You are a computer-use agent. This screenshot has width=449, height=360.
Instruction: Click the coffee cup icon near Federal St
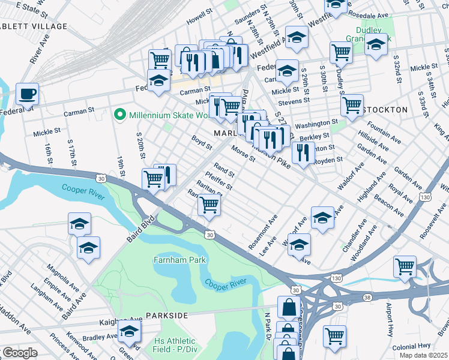tap(27, 94)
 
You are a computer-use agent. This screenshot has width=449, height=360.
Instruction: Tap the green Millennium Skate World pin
tap(119, 113)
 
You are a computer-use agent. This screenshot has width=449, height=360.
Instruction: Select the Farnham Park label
tap(179, 260)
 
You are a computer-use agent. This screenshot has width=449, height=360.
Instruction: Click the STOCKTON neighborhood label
tap(385, 110)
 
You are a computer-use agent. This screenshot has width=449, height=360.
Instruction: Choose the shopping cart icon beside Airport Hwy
tap(334, 336)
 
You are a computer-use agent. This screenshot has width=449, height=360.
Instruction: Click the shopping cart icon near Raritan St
tap(209, 205)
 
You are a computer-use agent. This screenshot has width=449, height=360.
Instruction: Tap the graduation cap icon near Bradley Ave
tap(129, 331)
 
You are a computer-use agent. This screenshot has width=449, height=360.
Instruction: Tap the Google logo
tap(19, 353)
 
